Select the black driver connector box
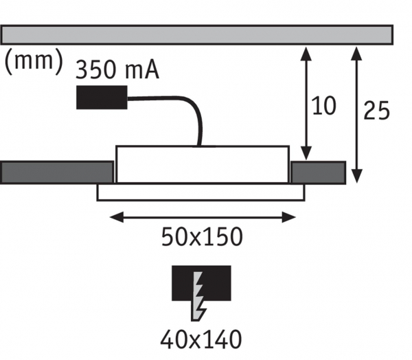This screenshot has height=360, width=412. click(x=101, y=97)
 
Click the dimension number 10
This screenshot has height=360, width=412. click(x=324, y=106)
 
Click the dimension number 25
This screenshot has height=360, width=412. click(x=376, y=110)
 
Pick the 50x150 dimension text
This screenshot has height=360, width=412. click(x=202, y=237)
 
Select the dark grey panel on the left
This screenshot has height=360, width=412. click(x=56, y=172)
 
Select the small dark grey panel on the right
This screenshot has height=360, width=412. click(x=318, y=172)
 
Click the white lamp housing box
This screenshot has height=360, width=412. click(x=202, y=165)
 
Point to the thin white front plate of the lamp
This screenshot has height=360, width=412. click(x=200, y=193)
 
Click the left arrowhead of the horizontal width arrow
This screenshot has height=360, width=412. click(x=113, y=217)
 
